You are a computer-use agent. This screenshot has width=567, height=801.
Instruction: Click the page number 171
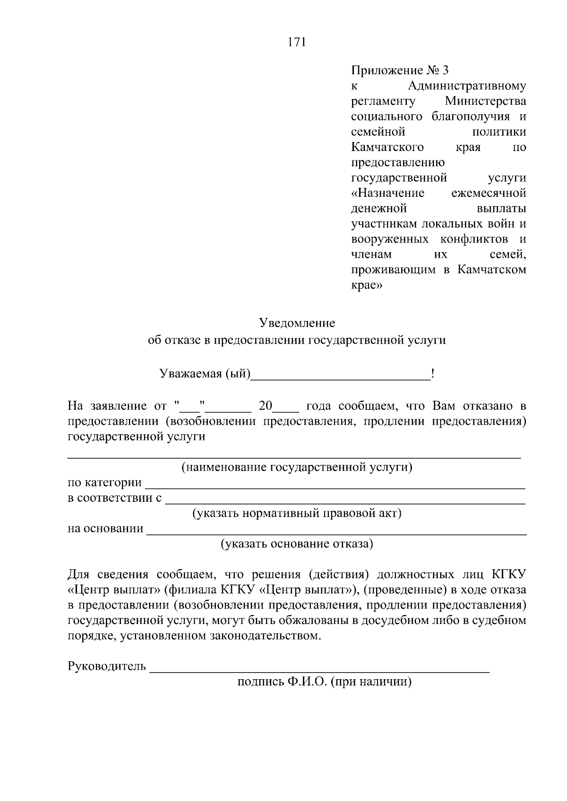297,42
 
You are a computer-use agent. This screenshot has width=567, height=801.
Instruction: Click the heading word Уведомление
297,323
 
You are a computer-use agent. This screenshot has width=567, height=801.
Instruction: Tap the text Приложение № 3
400,71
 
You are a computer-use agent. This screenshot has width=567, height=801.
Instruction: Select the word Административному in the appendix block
467,86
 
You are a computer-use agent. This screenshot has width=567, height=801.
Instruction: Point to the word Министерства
485,101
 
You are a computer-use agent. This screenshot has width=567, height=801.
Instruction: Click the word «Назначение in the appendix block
388,193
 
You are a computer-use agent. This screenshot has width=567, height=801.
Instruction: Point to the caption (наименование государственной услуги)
297,467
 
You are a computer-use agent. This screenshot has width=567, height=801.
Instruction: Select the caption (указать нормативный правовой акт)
297,513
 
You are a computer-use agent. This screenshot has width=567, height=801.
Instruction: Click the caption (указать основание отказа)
297,544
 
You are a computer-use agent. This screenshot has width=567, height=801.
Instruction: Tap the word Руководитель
107,666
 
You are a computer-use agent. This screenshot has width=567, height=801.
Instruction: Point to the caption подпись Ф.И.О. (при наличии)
324,682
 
